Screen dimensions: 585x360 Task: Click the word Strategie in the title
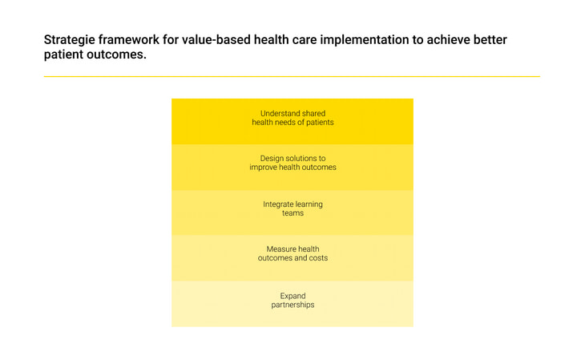70,40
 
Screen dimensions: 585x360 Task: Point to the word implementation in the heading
365,40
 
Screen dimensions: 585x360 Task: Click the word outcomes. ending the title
116,55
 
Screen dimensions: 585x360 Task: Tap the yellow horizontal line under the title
292,76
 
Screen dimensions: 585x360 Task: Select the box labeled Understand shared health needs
292,121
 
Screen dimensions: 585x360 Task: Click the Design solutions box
292,168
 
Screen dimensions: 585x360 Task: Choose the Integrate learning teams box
292,212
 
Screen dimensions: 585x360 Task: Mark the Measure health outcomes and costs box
292,258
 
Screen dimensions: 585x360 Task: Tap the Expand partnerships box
292,304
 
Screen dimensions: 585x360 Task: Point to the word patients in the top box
320,123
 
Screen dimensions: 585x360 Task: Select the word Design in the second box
272,159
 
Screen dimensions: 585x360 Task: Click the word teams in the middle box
292,213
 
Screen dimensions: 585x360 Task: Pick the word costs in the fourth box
318,258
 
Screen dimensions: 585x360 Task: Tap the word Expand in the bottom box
292,296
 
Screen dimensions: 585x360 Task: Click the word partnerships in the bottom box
292,305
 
